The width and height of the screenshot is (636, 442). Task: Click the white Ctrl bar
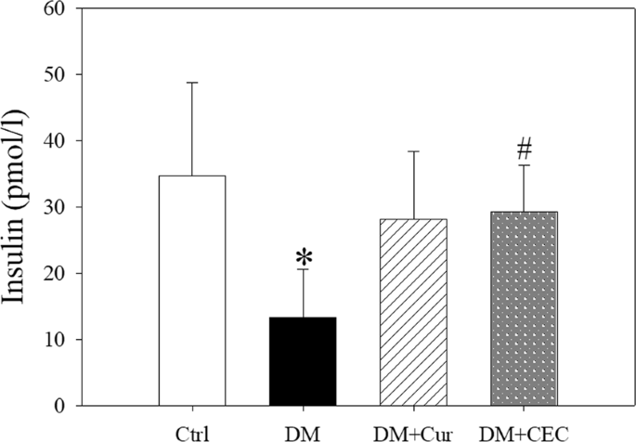tap(192, 291)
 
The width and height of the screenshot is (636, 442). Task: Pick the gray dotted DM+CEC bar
tap(522, 308)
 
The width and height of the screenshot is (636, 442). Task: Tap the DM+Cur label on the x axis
tap(411, 432)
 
